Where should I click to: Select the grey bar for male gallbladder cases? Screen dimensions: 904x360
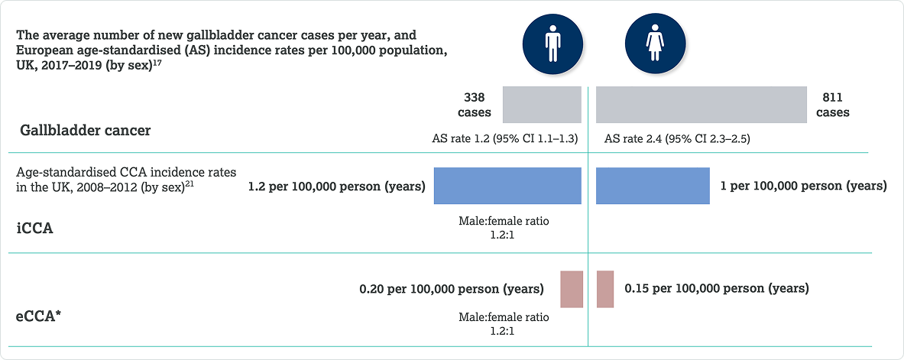tap(542, 105)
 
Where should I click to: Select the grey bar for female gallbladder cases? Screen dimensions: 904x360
tap(701, 105)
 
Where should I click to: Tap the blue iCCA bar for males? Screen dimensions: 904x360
tap(507, 186)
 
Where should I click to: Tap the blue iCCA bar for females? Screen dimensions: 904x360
tap(653, 186)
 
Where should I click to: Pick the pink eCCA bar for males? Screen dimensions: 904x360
tap(572, 289)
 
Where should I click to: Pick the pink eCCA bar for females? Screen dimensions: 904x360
tap(604, 289)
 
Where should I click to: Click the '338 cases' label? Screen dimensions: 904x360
tap(475, 105)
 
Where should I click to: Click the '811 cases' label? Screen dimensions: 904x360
tap(832, 105)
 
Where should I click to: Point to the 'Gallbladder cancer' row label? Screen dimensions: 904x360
tap(86, 131)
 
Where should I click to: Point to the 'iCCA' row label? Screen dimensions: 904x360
tap(34, 228)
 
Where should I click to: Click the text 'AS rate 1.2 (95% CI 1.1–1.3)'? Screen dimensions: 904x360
tap(505, 139)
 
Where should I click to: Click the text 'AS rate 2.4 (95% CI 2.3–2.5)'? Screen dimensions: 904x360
tap(677, 139)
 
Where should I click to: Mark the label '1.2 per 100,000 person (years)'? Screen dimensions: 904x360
tap(337, 187)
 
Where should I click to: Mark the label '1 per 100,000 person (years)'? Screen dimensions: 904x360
tap(804, 187)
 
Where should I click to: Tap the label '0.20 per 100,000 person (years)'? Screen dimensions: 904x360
tap(452, 288)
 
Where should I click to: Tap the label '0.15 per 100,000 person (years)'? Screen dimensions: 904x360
tap(717, 288)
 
